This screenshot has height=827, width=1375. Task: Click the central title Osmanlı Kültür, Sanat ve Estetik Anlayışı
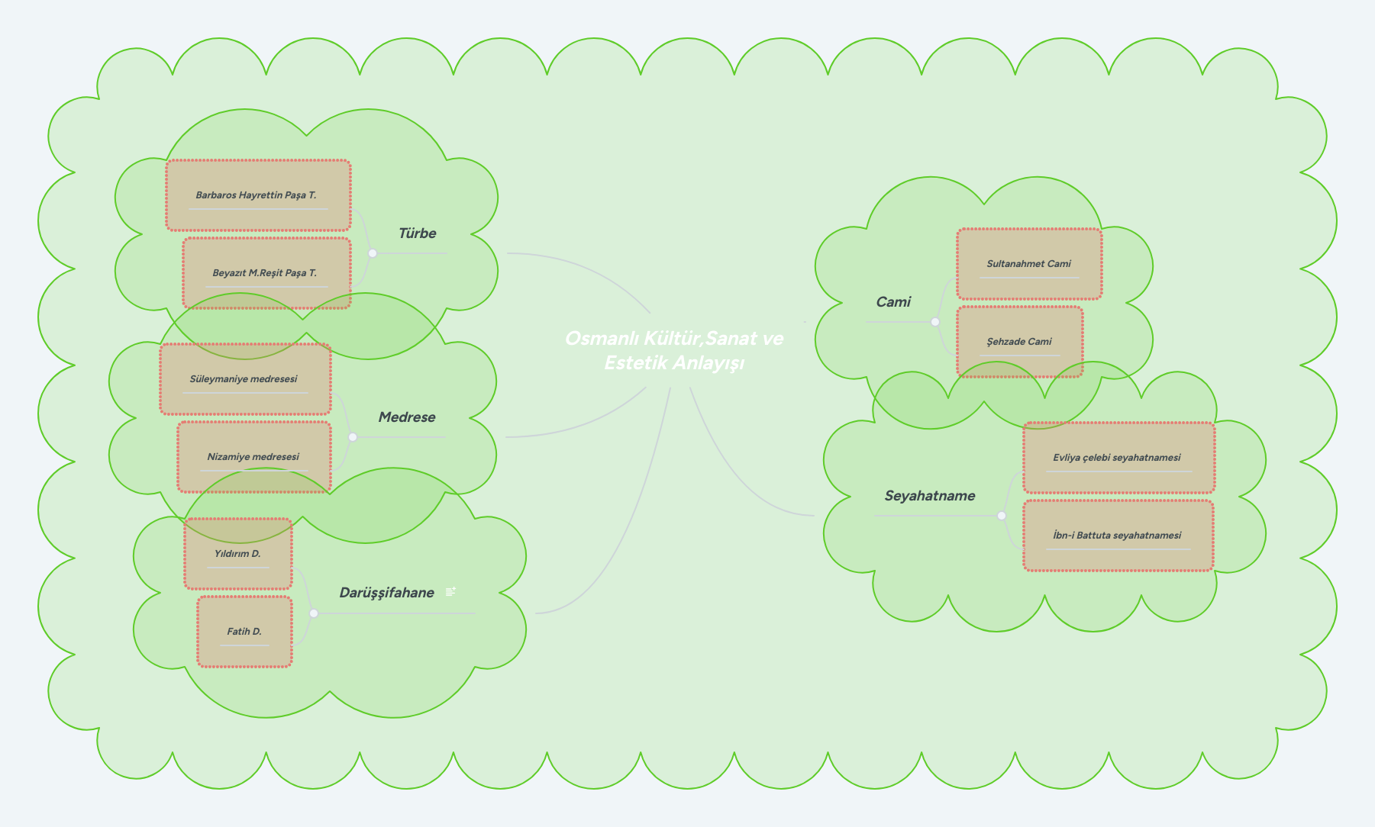(x=674, y=350)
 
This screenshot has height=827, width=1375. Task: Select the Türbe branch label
(x=417, y=233)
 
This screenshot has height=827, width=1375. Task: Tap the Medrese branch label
(x=407, y=417)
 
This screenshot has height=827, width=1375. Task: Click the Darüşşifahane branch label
(x=386, y=593)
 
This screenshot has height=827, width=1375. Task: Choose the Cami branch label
(x=893, y=302)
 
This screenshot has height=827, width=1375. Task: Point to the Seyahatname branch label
(x=930, y=496)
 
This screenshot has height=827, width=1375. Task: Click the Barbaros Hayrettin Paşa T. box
(x=258, y=195)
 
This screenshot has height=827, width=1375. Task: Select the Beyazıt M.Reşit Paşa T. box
(x=266, y=273)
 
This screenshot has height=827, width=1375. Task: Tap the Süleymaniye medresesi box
(x=245, y=379)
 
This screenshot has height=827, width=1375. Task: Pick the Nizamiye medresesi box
(x=254, y=457)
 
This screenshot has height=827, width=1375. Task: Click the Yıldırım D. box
(x=238, y=554)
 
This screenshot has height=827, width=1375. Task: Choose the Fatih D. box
(x=244, y=632)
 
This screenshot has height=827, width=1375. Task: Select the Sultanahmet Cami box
(x=1029, y=264)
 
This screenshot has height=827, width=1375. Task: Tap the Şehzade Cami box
(x=1019, y=342)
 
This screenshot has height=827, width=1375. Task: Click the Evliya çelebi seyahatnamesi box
(x=1118, y=458)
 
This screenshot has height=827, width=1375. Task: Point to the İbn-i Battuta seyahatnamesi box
(x=1118, y=536)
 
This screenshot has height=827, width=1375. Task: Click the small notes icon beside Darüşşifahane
(x=451, y=591)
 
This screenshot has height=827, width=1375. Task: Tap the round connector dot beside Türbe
(x=373, y=253)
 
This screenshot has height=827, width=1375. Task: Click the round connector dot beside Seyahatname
(x=1002, y=516)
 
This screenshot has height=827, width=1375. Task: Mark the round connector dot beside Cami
(x=935, y=322)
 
